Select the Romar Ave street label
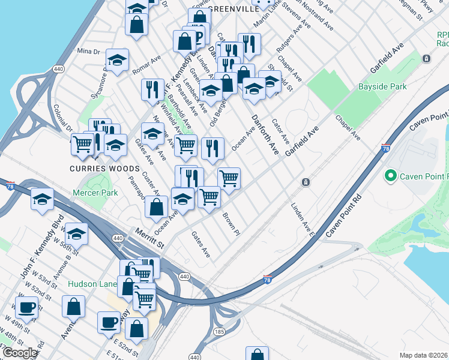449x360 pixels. (x=147, y=65)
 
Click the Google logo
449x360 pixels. (x=19, y=353)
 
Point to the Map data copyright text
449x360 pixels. (x=423, y=355)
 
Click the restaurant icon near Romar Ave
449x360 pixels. (x=152, y=89)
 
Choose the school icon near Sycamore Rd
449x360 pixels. (x=118, y=59)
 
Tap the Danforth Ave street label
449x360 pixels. (x=265, y=132)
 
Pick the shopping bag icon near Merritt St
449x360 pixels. (x=156, y=208)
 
